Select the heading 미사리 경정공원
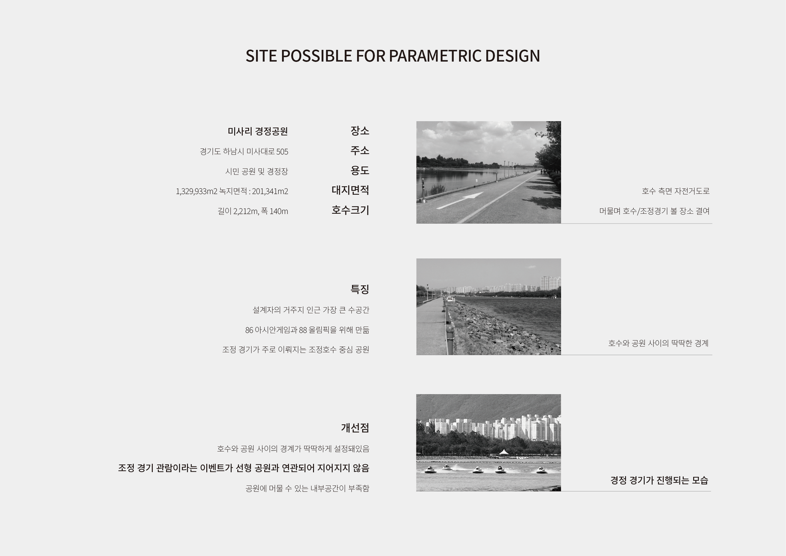coord(257,131)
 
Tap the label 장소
coord(360,131)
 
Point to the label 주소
coord(360,150)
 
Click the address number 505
coord(282,152)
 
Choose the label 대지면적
coord(350,190)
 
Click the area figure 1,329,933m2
coord(196,191)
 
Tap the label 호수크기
coord(350,210)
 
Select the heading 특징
coord(360,289)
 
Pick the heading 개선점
coord(355,428)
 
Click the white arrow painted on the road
coord(460,201)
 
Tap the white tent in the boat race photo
coord(504,452)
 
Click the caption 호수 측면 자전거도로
coord(675,191)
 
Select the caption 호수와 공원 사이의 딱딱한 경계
coord(658,343)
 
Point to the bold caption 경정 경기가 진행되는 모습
coord(659,480)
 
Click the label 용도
coord(360,171)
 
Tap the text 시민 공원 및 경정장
coord(256,172)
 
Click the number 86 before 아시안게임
coord(249,330)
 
